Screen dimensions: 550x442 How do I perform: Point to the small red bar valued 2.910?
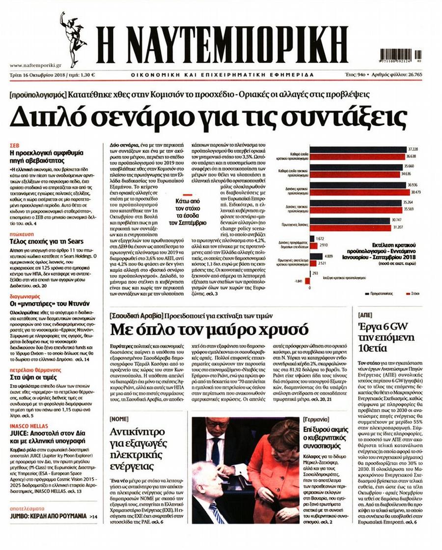[x=313, y=245]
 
